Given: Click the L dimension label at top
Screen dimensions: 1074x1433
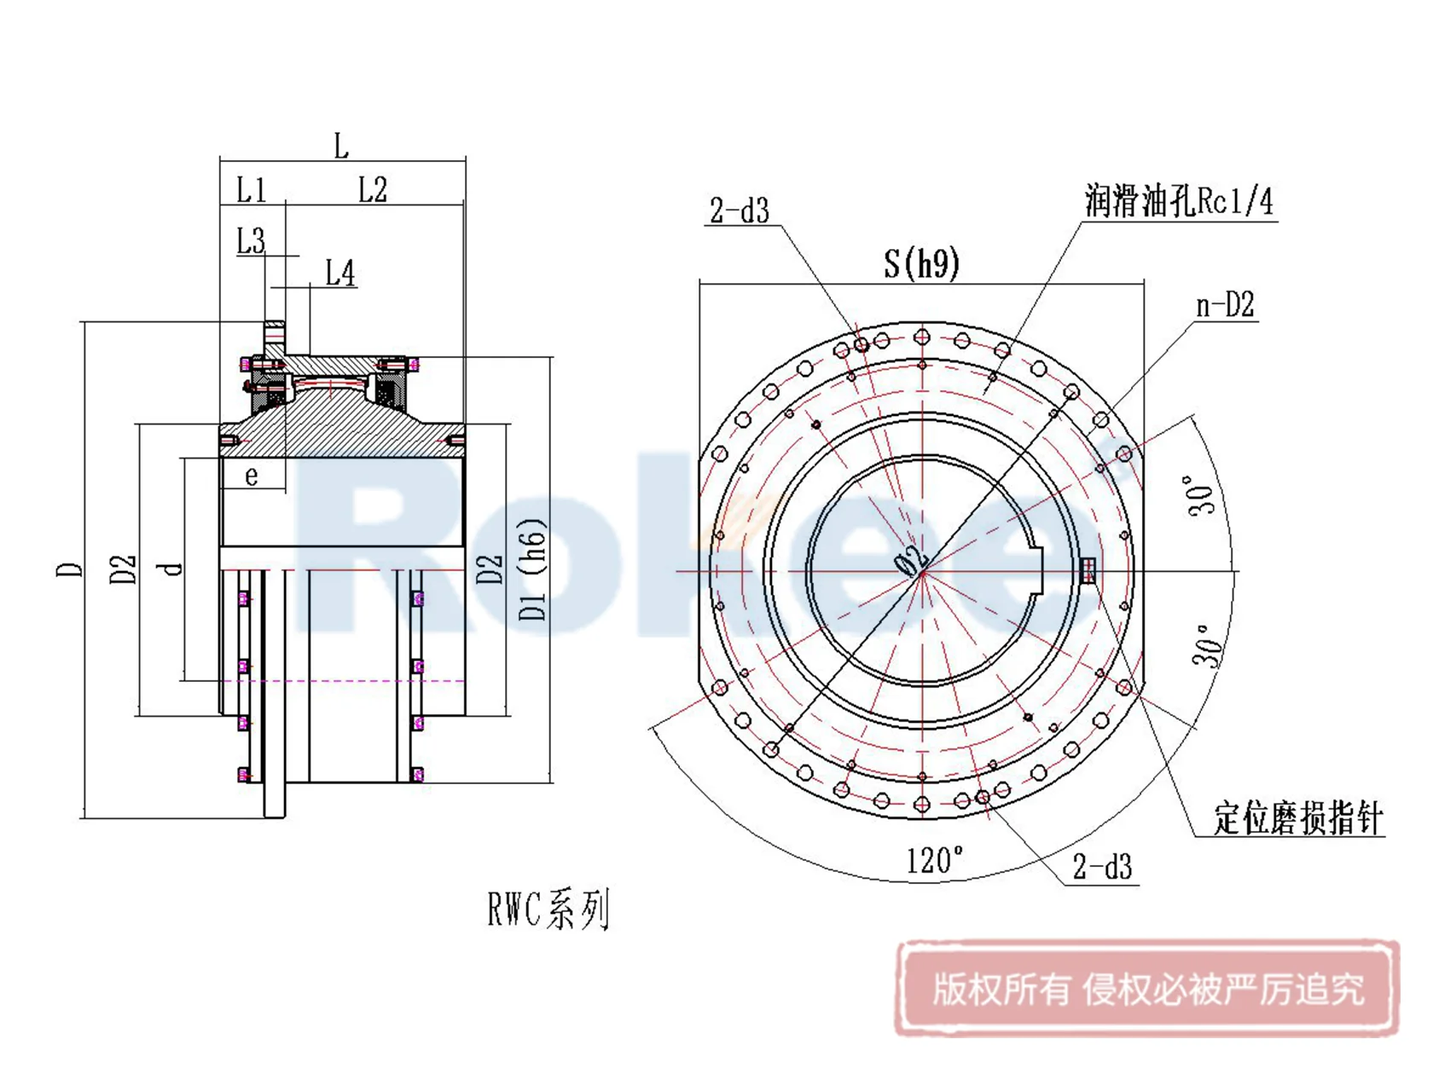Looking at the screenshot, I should (x=341, y=146).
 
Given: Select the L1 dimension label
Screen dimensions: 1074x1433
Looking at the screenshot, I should (x=251, y=189).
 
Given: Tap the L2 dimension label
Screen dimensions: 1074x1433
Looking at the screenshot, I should (x=373, y=189).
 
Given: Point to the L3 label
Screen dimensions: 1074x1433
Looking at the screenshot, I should (x=251, y=241).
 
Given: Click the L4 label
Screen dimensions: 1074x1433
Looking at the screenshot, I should (x=340, y=274).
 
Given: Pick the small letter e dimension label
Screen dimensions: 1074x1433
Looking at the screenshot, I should (x=251, y=476).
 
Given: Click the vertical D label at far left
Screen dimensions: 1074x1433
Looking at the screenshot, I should (x=71, y=569).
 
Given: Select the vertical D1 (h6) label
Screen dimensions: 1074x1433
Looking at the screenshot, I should (x=532, y=569).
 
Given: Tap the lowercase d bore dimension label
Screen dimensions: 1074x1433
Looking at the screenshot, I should (x=173, y=569).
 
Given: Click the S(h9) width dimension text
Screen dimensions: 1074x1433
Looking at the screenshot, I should (x=921, y=263).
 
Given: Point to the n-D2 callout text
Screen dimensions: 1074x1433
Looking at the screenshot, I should (x=1225, y=305).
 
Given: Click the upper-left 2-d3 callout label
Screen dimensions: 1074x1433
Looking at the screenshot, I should (x=740, y=211).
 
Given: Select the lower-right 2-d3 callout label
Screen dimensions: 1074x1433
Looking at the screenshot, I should (x=1102, y=868).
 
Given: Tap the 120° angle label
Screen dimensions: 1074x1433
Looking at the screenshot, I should (x=935, y=860).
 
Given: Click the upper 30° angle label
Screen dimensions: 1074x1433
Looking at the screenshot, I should (x=1202, y=494).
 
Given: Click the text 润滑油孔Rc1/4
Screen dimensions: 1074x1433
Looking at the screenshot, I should (x=1179, y=202).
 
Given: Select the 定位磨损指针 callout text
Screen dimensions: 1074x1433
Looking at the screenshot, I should (x=1297, y=818).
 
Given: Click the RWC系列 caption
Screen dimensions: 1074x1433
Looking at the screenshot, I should (x=548, y=909).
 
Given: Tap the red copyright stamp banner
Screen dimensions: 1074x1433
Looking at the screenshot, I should (x=1147, y=990).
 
